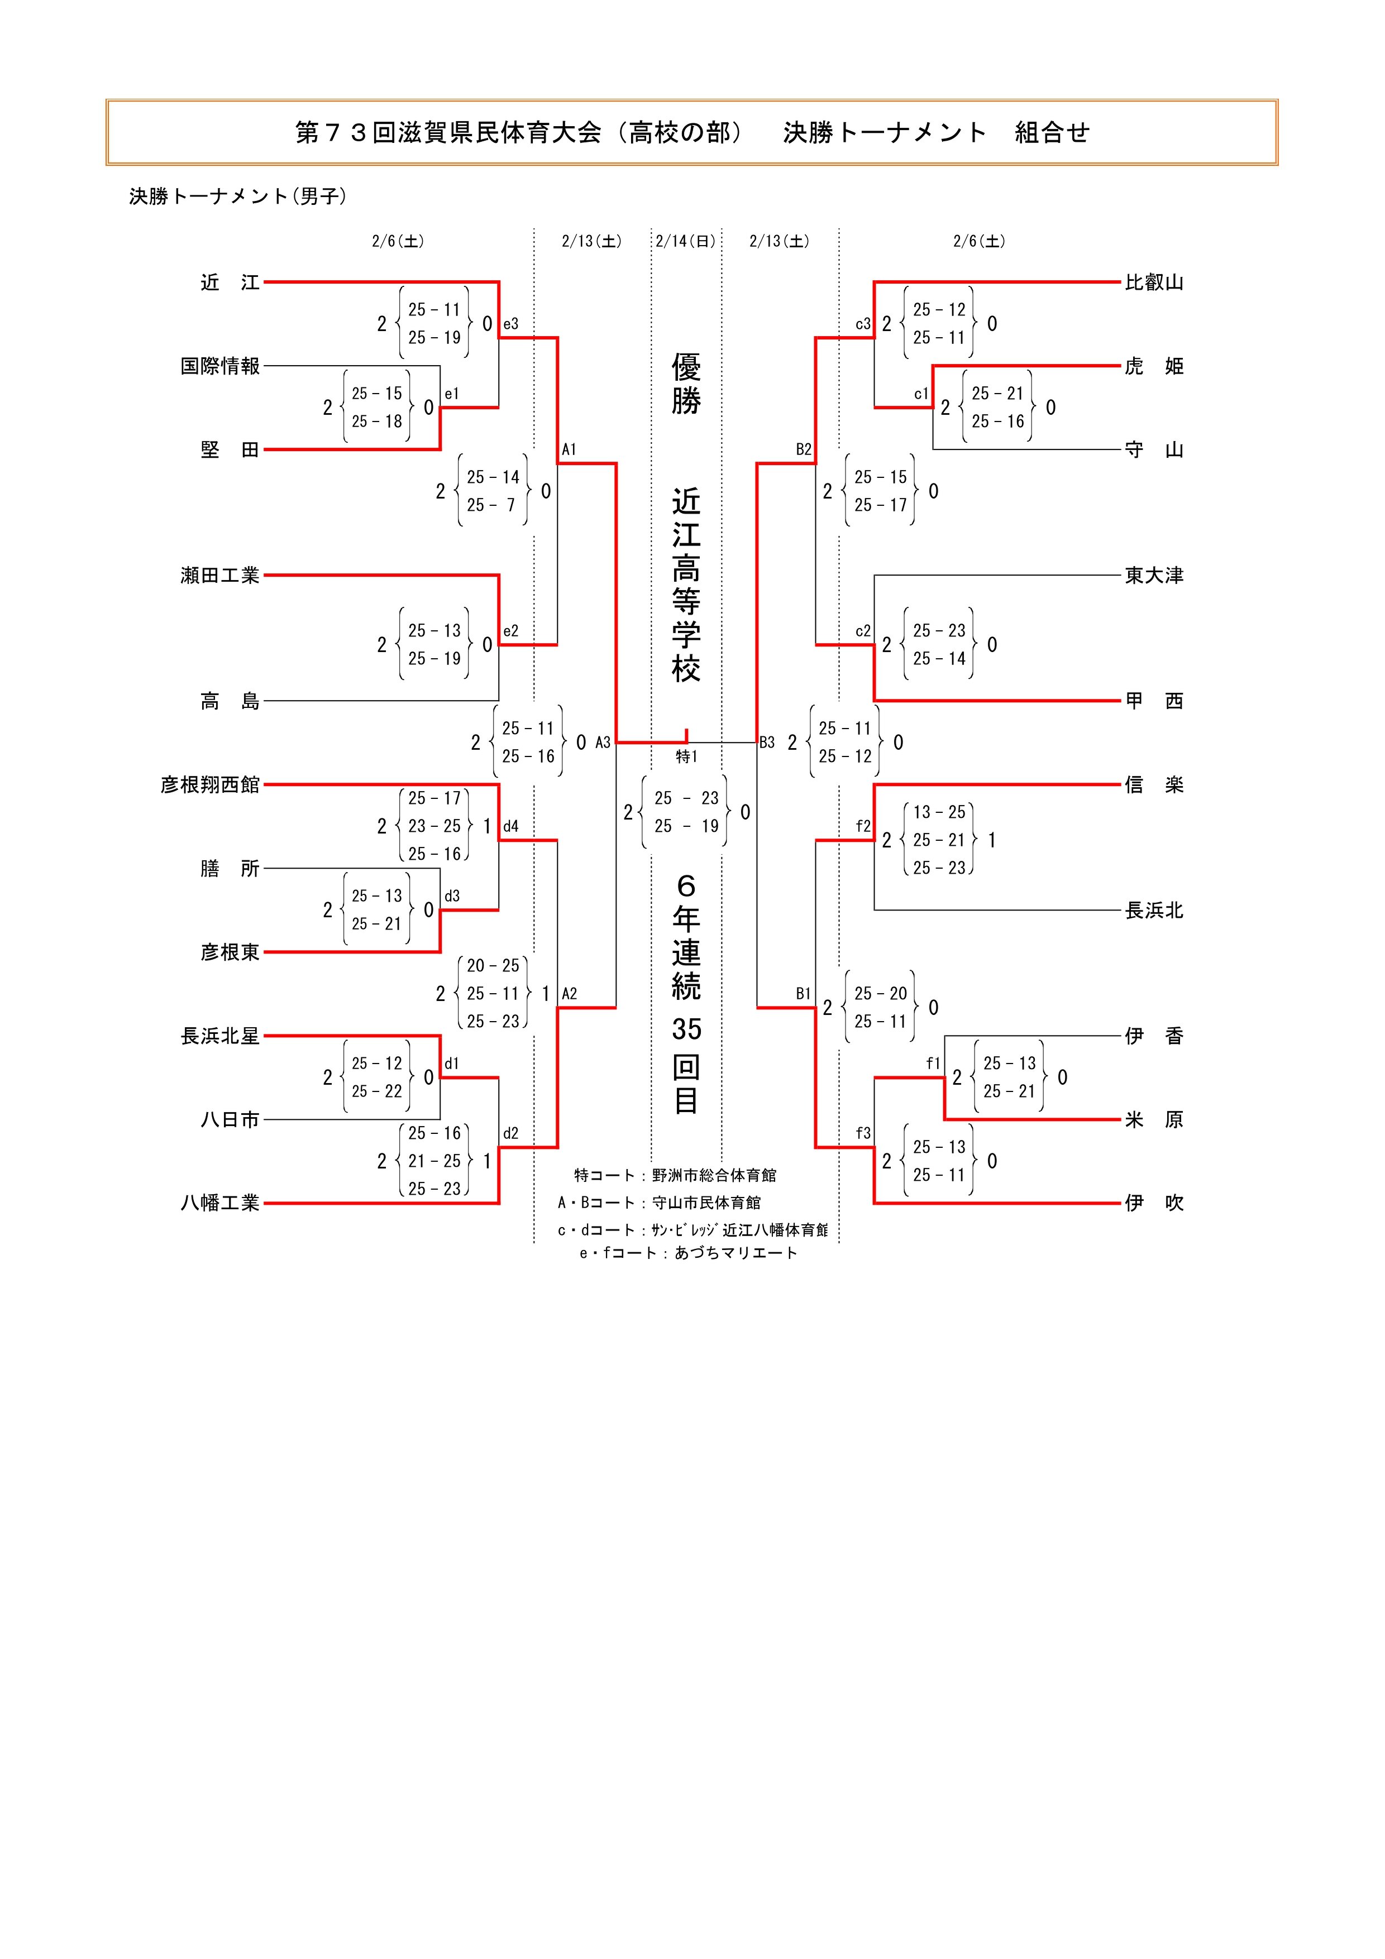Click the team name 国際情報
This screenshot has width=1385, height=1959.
[x=220, y=366]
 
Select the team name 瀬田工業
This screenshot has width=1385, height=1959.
[x=220, y=576]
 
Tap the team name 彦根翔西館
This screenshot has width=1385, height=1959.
[x=210, y=785]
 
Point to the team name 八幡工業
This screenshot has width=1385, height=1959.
[x=220, y=1203]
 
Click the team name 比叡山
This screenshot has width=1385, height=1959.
[x=1154, y=282]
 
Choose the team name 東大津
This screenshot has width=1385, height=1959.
[x=1154, y=576]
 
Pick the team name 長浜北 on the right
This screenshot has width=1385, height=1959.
[x=1154, y=911]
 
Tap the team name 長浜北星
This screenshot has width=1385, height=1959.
[x=220, y=1036]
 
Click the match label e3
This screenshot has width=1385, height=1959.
[x=510, y=324]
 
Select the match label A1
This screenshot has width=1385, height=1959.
[x=569, y=449]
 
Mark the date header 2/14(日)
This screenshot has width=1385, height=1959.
[x=686, y=242]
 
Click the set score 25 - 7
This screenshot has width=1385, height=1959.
[x=493, y=505]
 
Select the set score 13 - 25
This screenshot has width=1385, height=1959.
[x=939, y=812]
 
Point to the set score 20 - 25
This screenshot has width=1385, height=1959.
[x=493, y=966]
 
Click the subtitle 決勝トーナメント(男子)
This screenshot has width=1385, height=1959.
[x=238, y=197]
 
